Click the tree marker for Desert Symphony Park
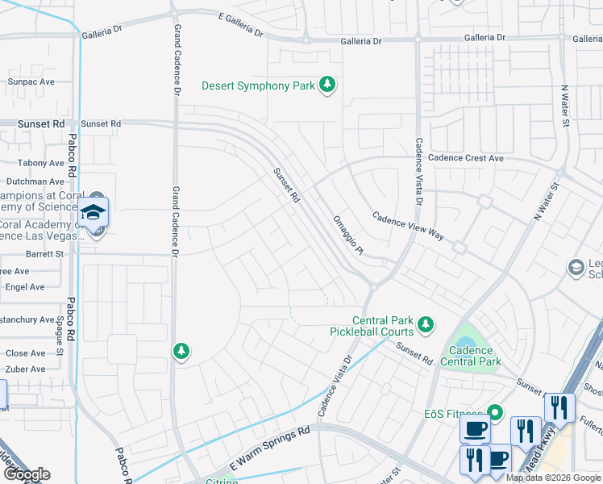[x=326, y=85]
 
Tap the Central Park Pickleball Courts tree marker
[x=426, y=326]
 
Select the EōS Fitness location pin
[x=495, y=413]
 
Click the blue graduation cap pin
[x=94, y=212]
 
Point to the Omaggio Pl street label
[x=349, y=236]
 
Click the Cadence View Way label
[x=407, y=226]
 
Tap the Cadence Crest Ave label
[x=466, y=158]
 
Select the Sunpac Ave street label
[x=31, y=81]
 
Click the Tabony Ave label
[x=40, y=163]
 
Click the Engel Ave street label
[x=25, y=286]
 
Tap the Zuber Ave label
[x=26, y=369]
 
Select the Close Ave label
[x=26, y=353]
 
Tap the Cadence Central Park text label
[x=471, y=356]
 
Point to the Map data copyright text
[x=553, y=478]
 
